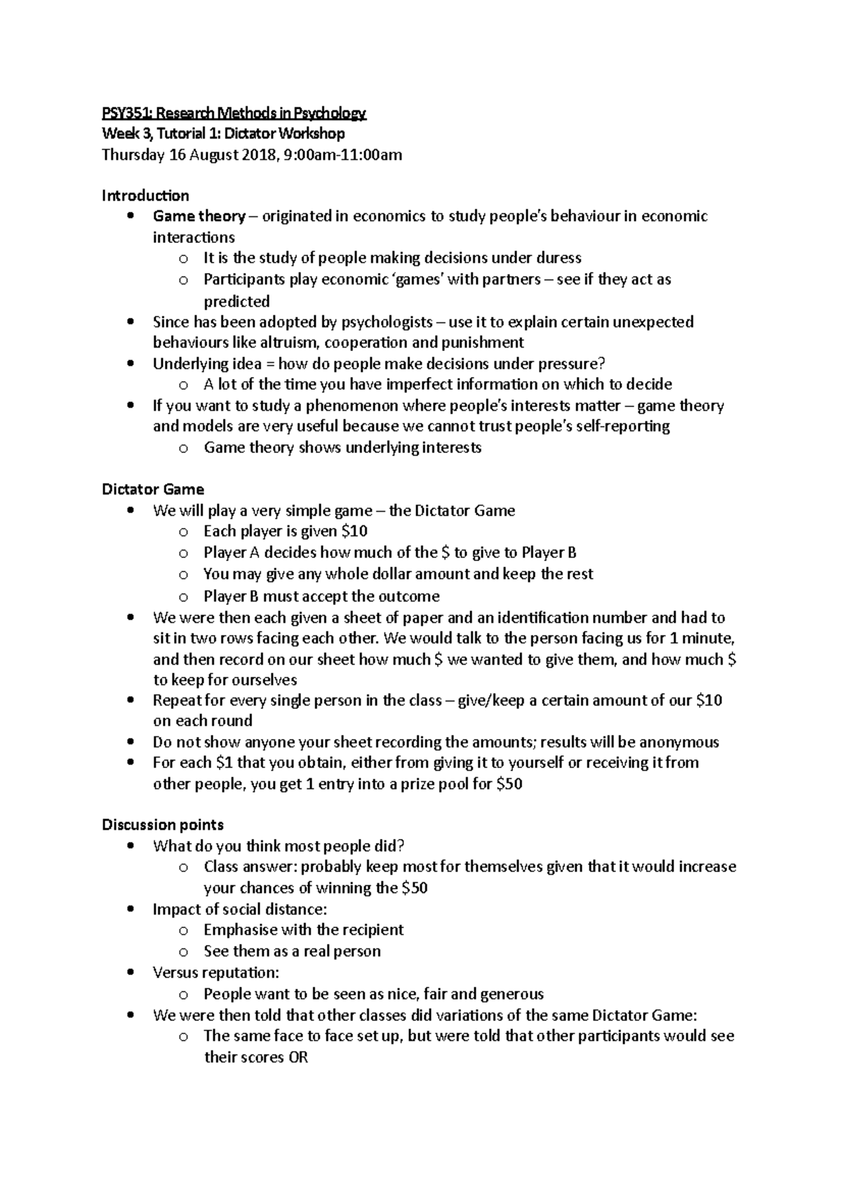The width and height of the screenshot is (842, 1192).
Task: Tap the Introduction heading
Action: pos(145,195)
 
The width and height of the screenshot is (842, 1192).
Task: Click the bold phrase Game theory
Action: pos(199,216)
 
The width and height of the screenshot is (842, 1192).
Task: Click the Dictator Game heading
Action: pos(153,489)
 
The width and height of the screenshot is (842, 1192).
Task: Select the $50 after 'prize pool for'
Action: pos(509,784)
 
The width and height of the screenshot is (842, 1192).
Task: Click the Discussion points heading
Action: pos(163,825)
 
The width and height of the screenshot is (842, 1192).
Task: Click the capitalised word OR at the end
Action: pos(298,1057)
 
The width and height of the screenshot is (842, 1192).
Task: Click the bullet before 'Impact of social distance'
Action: pos(131,909)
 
